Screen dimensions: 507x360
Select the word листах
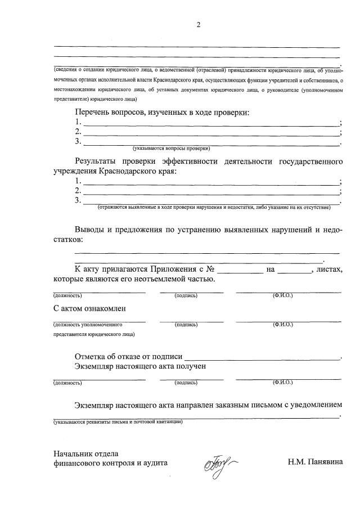point(329,270)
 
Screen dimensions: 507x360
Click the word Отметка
point(93,356)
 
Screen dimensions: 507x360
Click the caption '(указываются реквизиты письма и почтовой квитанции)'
point(118,421)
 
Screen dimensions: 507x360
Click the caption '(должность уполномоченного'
point(88,325)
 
